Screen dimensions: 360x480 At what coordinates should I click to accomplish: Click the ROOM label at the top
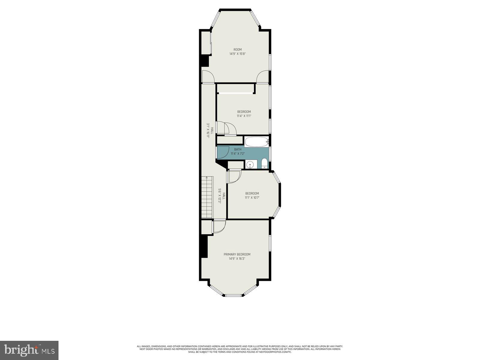click(x=238, y=49)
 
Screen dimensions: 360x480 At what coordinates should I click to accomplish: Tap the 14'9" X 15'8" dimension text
click(x=238, y=54)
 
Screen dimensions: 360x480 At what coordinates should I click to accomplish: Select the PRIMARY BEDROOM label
click(x=237, y=254)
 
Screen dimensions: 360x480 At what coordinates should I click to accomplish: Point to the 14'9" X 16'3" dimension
click(x=237, y=259)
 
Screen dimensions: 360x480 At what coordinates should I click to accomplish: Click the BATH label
click(x=238, y=149)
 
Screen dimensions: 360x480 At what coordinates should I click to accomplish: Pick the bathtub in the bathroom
click(x=256, y=142)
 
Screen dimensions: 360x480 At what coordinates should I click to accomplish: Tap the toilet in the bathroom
click(x=264, y=164)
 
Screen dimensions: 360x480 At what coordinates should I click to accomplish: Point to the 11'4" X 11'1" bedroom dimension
click(x=244, y=116)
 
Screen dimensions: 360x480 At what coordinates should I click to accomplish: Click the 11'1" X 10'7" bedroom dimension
click(x=252, y=197)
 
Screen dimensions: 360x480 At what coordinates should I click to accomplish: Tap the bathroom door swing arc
click(x=223, y=151)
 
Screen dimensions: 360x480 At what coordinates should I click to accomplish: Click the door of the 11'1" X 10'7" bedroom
click(x=234, y=177)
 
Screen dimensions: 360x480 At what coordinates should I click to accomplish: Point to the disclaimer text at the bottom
click(x=240, y=349)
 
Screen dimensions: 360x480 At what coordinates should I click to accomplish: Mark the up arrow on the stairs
click(x=206, y=178)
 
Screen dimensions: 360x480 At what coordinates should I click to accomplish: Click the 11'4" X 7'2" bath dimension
click(x=238, y=154)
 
